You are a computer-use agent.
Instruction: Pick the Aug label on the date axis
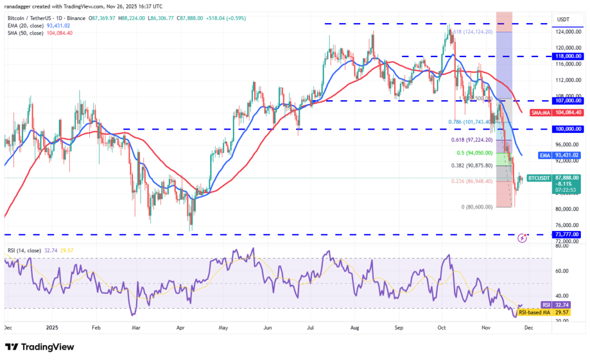pos(355,327)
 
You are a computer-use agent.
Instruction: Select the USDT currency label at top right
pos(563,20)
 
